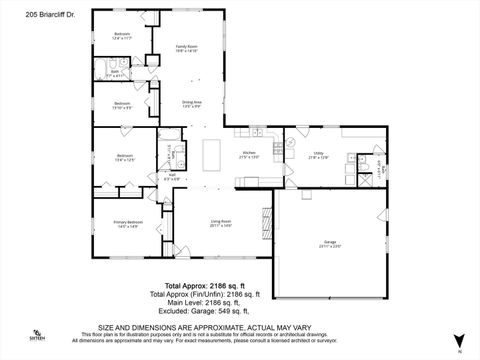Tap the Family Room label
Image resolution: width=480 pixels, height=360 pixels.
[x=187, y=48]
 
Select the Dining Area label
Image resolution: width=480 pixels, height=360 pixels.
[x=193, y=104]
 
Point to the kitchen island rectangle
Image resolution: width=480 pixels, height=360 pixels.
[x=212, y=155]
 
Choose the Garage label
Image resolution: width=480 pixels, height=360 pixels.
[x=331, y=243]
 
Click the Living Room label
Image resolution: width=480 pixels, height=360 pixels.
[x=222, y=224]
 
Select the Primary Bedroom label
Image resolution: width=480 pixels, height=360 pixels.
[x=127, y=224]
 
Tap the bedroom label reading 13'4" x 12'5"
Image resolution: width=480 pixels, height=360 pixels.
[x=125, y=157]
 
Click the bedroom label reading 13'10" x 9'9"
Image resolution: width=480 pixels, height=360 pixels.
[x=122, y=105]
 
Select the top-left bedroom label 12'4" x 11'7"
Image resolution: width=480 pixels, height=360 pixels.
[x=122, y=35]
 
